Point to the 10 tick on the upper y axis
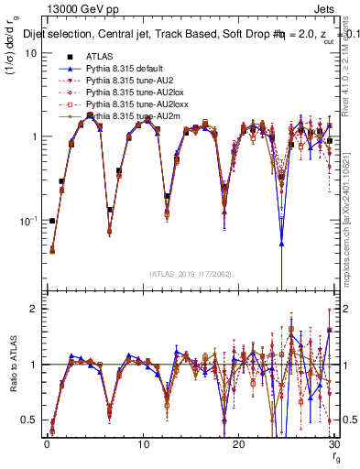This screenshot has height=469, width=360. pos(30,52)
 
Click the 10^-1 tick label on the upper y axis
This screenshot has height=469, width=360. pos(27,221)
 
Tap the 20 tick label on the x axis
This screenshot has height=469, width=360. pos(238,443)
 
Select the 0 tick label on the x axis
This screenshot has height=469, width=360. pos(46,443)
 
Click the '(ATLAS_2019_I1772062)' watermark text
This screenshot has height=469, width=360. pos(189,273)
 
